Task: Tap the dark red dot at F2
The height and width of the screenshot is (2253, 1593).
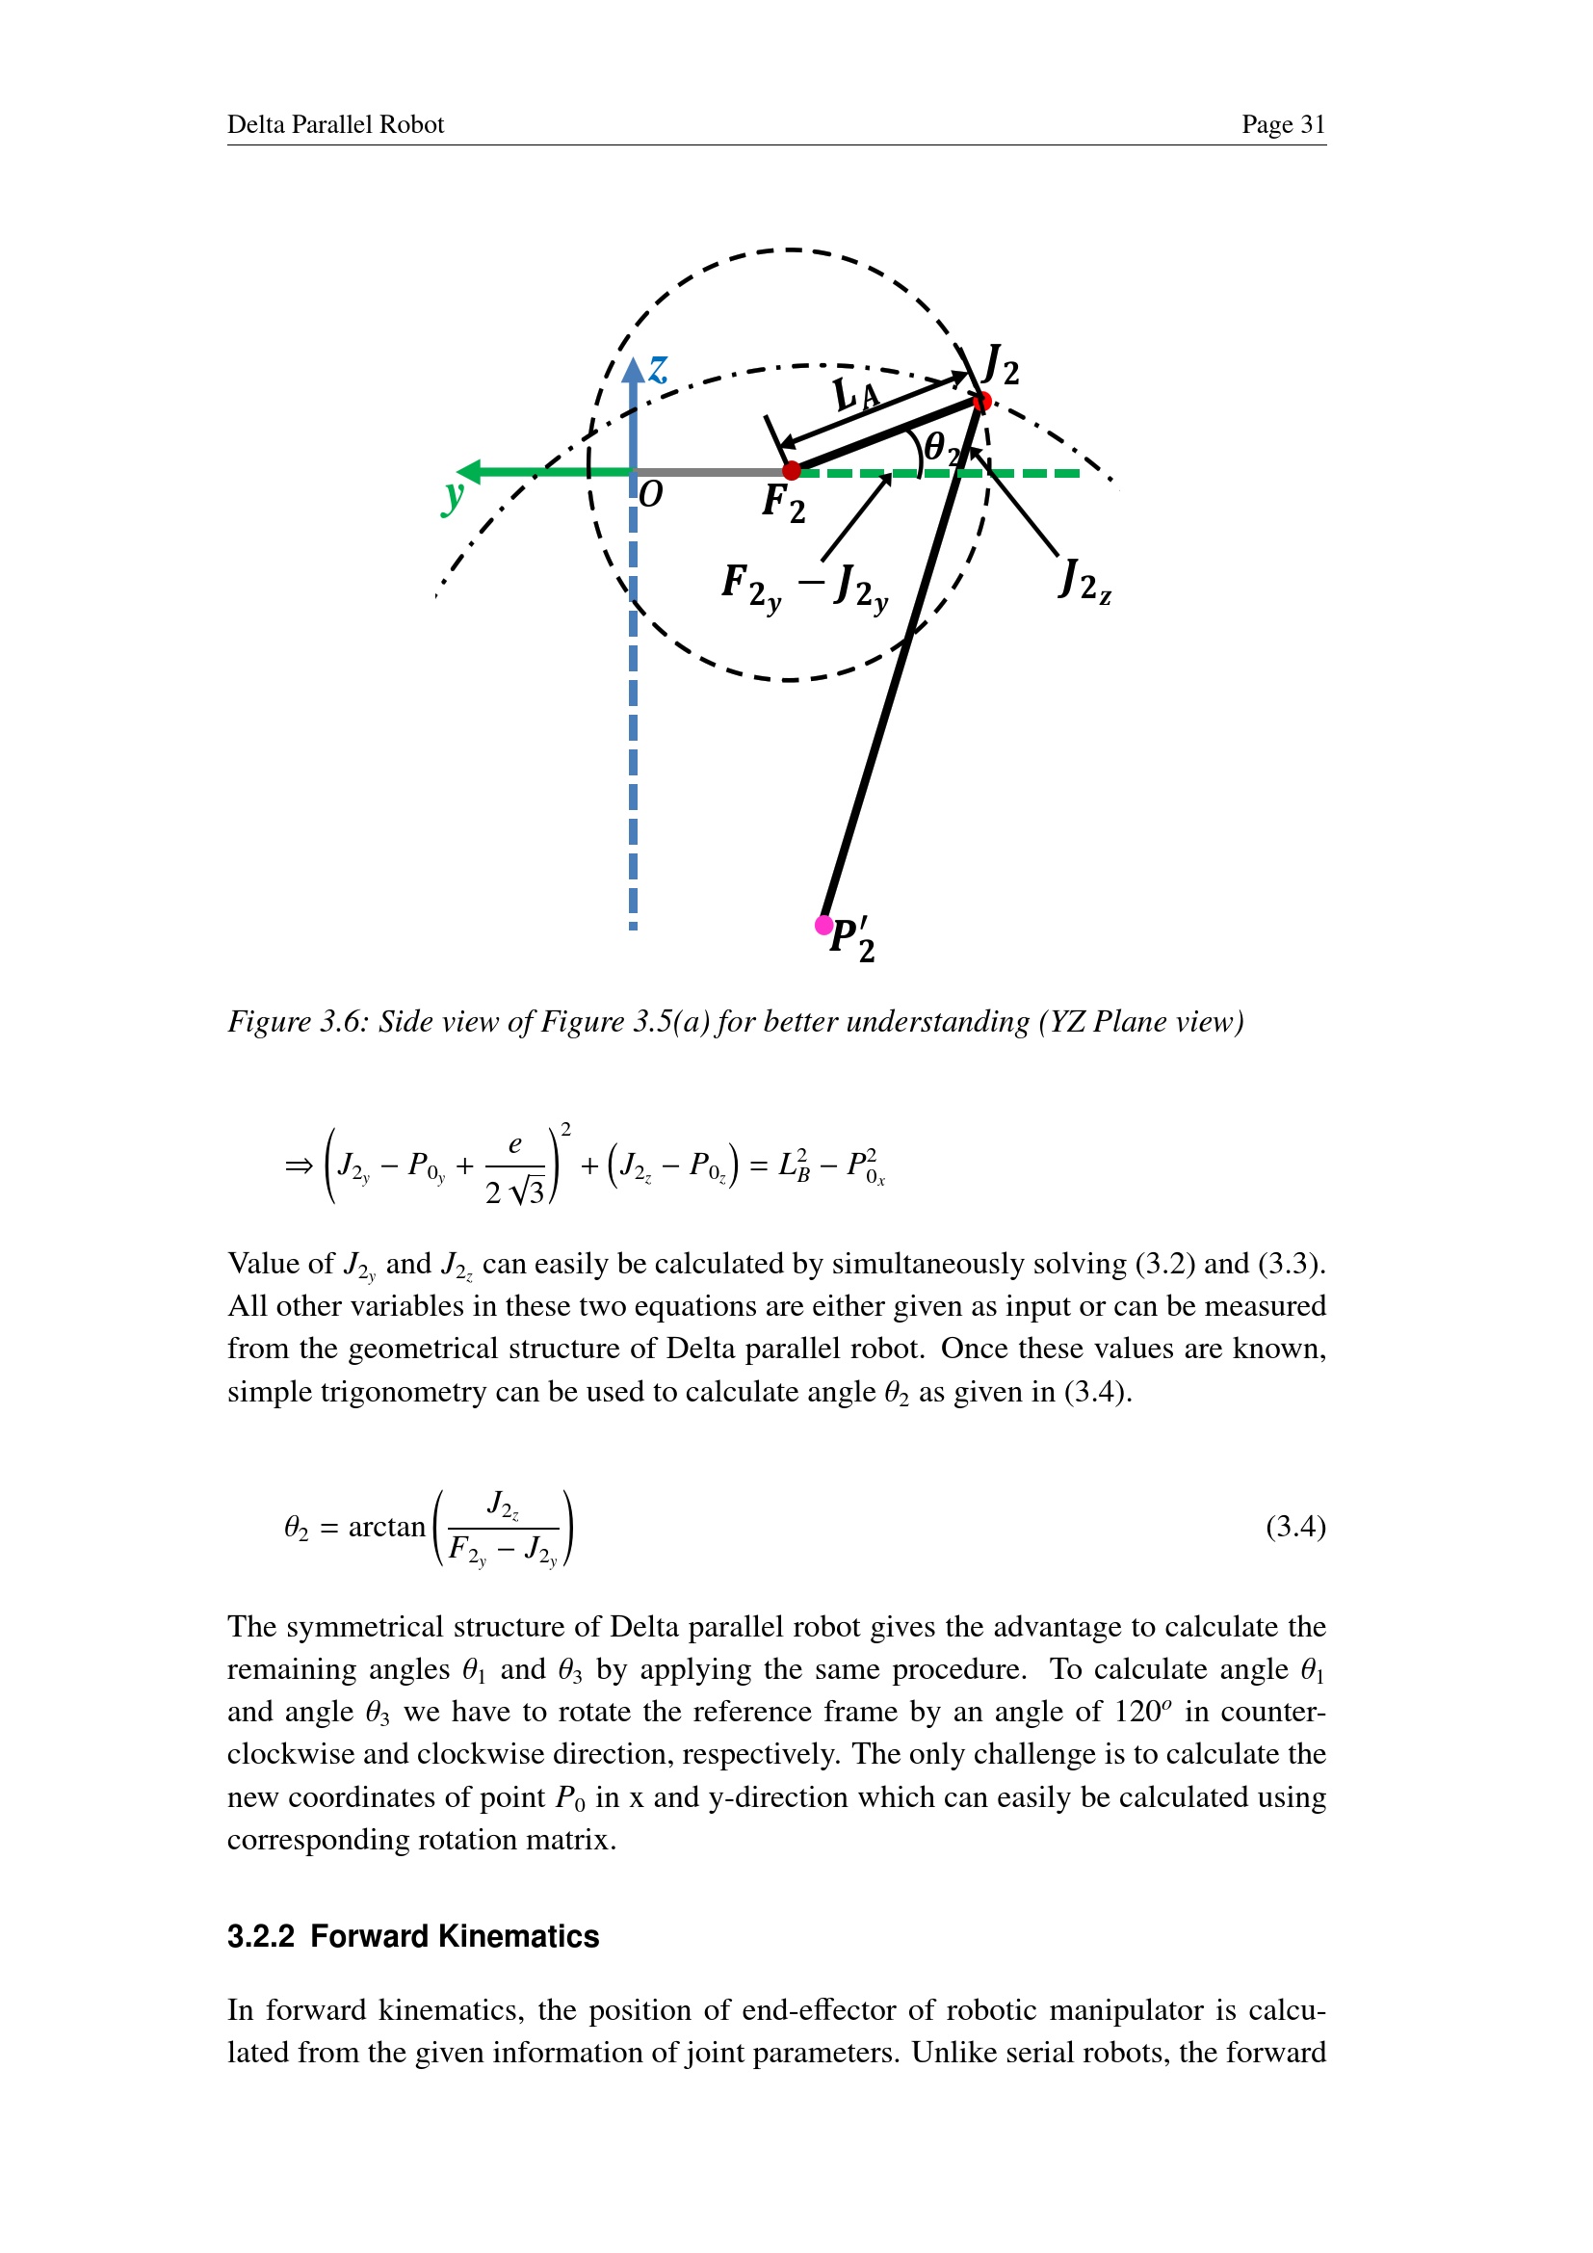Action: pos(792,471)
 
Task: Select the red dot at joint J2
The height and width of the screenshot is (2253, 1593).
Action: pos(981,401)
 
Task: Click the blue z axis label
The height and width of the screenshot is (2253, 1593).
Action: pos(658,369)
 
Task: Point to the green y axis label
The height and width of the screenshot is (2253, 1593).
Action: pos(453,495)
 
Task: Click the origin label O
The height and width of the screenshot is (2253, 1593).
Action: pos(650,493)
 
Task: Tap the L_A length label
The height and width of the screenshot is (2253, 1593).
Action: pos(855,395)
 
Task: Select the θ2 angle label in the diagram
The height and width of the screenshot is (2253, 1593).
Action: pos(941,447)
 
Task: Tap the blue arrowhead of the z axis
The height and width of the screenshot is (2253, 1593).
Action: pos(634,370)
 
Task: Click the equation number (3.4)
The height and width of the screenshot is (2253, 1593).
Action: pos(1294,1527)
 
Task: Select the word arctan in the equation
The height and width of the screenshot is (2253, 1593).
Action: pos(386,1527)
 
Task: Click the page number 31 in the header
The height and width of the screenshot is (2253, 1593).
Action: pos(1313,124)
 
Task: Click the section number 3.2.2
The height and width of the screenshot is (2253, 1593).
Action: pos(261,1936)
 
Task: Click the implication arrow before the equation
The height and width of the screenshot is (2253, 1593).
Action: pos(299,1166)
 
